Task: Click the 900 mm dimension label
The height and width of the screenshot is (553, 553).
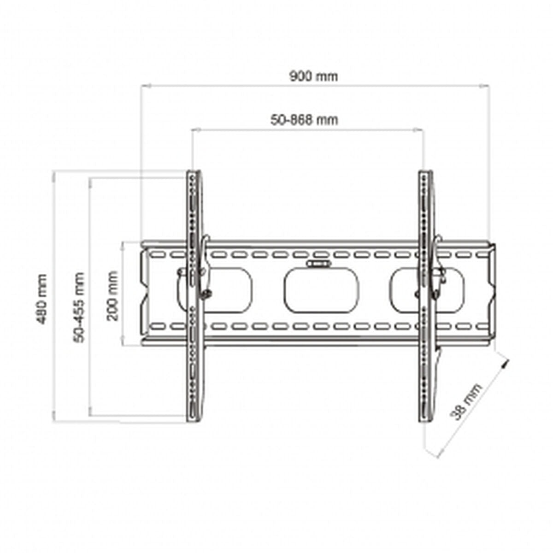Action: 313,76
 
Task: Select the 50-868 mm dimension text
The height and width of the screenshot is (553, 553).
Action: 304,120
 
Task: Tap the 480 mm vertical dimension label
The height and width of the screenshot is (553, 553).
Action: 42,299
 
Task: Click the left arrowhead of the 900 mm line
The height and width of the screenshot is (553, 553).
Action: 144,86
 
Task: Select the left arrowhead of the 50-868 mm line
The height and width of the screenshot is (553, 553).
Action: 194,130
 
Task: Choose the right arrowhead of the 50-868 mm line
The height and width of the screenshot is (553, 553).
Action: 420,130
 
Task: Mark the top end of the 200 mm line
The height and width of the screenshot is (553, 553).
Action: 123,243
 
